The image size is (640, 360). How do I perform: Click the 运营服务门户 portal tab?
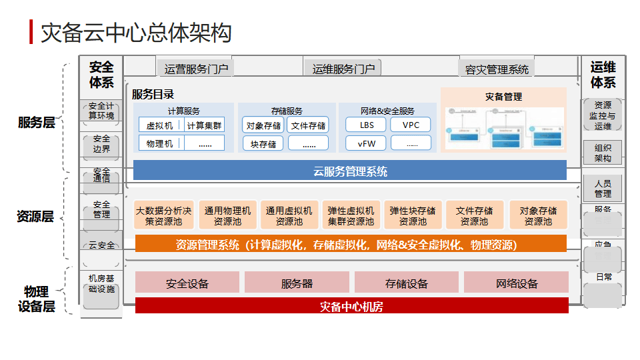pos(195,68)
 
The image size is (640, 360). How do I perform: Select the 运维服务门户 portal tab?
pos(343,68)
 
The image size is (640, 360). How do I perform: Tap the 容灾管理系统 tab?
pos(497,69)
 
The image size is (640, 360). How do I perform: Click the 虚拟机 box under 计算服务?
pos(159,125)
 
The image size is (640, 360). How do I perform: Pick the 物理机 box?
pos(160,143)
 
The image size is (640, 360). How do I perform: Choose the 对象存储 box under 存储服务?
pos(263,125)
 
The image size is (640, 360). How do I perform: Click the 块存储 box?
pos(263,143)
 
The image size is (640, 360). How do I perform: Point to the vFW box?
pos(367,143)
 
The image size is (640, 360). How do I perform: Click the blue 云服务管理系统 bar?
pos(350,171)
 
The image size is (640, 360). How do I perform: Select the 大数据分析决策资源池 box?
pos(164,215)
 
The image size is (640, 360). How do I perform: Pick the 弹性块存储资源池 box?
pos(413,215)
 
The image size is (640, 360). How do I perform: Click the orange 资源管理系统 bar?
pos(350,245)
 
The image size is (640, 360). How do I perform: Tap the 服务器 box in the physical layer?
pos(297,283)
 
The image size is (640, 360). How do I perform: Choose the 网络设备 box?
pos(517,283)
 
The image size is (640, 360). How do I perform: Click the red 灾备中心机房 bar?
pos(351,307)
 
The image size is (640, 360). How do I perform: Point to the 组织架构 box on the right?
pos(603,153)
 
